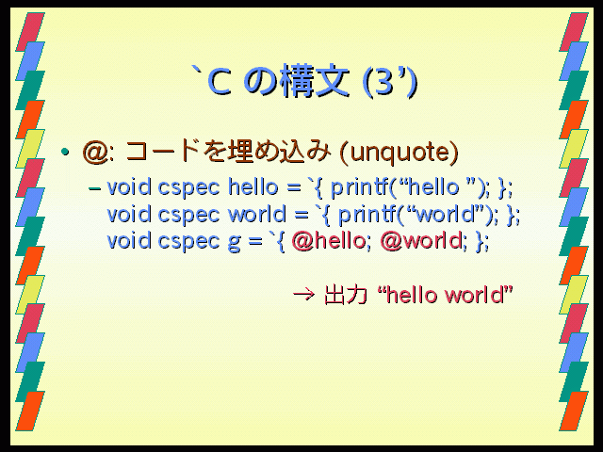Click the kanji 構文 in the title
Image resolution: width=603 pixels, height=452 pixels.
click(x=315, y=82)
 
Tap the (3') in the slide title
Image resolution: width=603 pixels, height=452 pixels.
click(x=390, y=82)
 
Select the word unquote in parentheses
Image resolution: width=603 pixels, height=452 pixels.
click(x=399, y=153)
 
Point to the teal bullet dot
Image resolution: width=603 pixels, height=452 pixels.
click(x=65, y=152)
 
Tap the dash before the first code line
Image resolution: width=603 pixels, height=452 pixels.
click(x=94, y=188)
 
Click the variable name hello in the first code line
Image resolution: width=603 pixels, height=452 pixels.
click(x=253, y=187)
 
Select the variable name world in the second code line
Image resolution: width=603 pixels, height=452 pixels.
click(x=257, y=214)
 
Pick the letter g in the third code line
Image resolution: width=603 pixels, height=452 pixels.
click(x=234, y=243)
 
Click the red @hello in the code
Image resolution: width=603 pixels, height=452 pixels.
click(x=328, y=241)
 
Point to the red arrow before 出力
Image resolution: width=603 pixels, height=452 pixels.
click(x=303, y=295)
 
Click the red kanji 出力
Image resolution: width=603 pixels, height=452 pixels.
click(x=345, y=295)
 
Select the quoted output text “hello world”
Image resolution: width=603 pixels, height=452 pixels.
click(x=446, y=295)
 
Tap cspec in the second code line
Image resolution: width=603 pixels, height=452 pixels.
click(x=188, y=216)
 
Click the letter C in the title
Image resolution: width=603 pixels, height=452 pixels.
click(x=220, y=82)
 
